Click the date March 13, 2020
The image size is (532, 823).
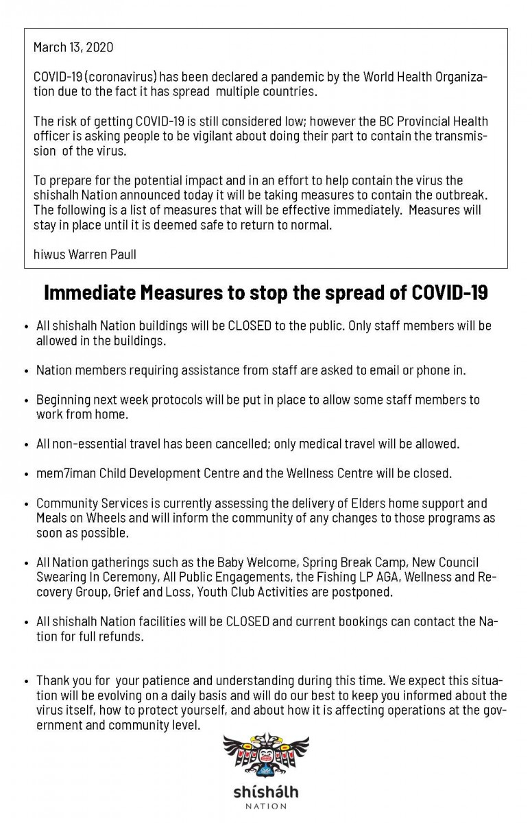click(x=73, y=47)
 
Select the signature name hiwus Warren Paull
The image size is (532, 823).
click(x=84, y=254)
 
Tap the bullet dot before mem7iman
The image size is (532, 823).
click(x=26, y=474)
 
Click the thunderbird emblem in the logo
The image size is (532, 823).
click(x=266, y=756)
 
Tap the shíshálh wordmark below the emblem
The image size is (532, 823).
click(x=265, y=792)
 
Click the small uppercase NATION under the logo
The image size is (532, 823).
click(x=266, y=807)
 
